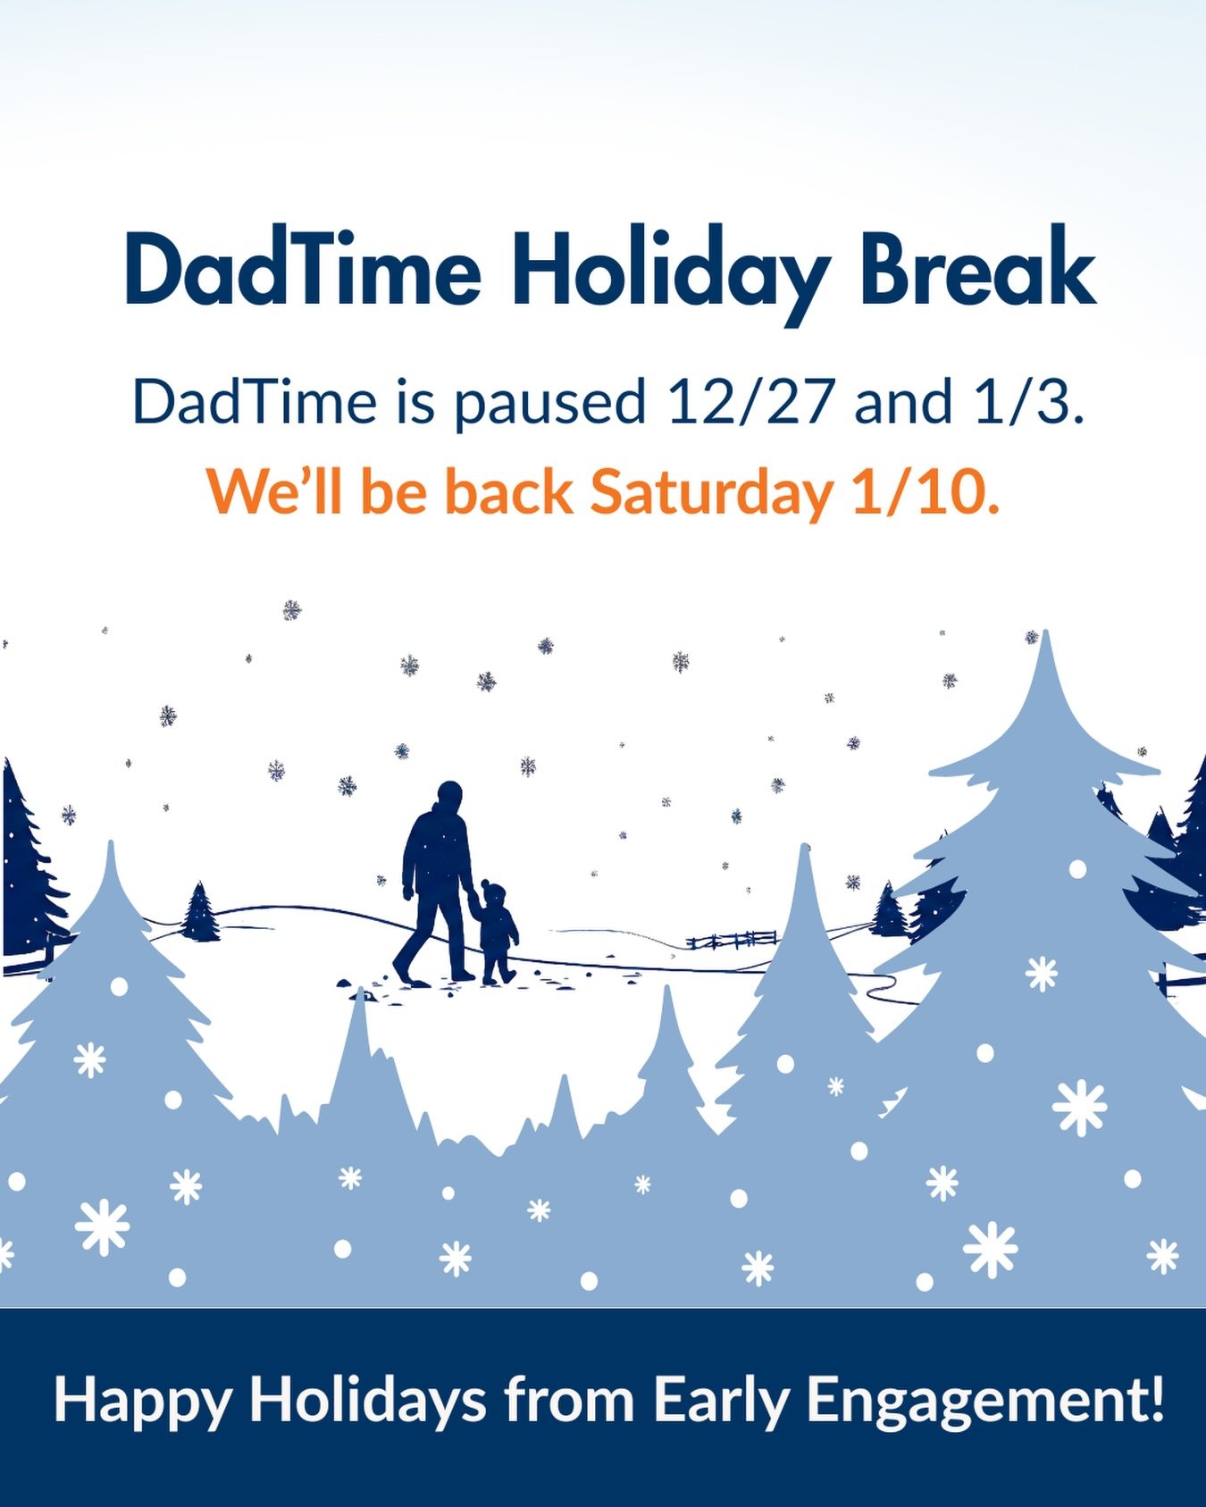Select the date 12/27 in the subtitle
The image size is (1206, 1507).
point(750,402)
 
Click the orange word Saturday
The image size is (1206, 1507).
point(711,495)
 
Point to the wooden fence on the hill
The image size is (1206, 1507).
point(732,939)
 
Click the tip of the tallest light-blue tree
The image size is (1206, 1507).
point(1045,632)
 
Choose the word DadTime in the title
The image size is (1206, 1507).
point(304,268)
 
